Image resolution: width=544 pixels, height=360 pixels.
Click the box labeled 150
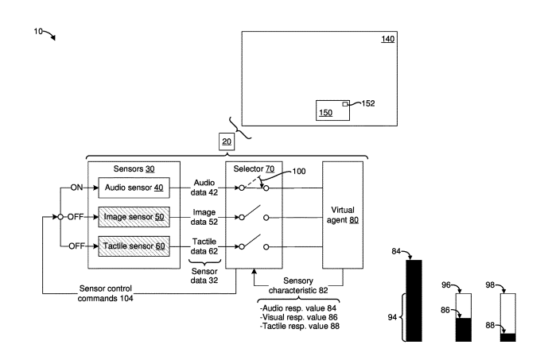pyautogui.click(x=332, y=110)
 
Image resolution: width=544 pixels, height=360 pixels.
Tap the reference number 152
pyautogui.click(x=368, y=103)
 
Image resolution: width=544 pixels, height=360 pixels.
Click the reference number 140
pyautogui.click(x=387, y=39)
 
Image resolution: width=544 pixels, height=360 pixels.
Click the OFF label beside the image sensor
pyautogui.click(x=76, y=217)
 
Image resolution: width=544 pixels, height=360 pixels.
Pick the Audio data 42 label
pyautogui.click(x=205, y=188)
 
